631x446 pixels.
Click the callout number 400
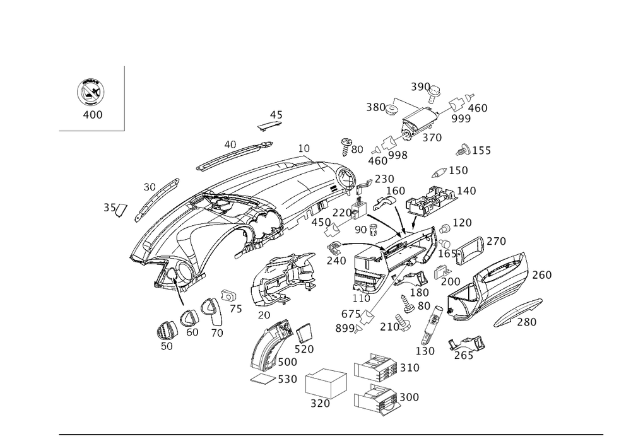coord(93,115)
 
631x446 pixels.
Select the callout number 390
coord(420,86)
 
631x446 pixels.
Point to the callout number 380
coord(377,108)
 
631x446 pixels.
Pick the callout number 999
coord(461,118)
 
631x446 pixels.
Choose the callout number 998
coord(398,155)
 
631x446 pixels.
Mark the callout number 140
coord(467,191)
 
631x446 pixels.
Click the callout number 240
coord(336,259)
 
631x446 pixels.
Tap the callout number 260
coord(542,275)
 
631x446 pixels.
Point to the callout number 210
coord(390,327)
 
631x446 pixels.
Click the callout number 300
coord(410,397)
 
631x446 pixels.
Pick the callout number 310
coord(410,368)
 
